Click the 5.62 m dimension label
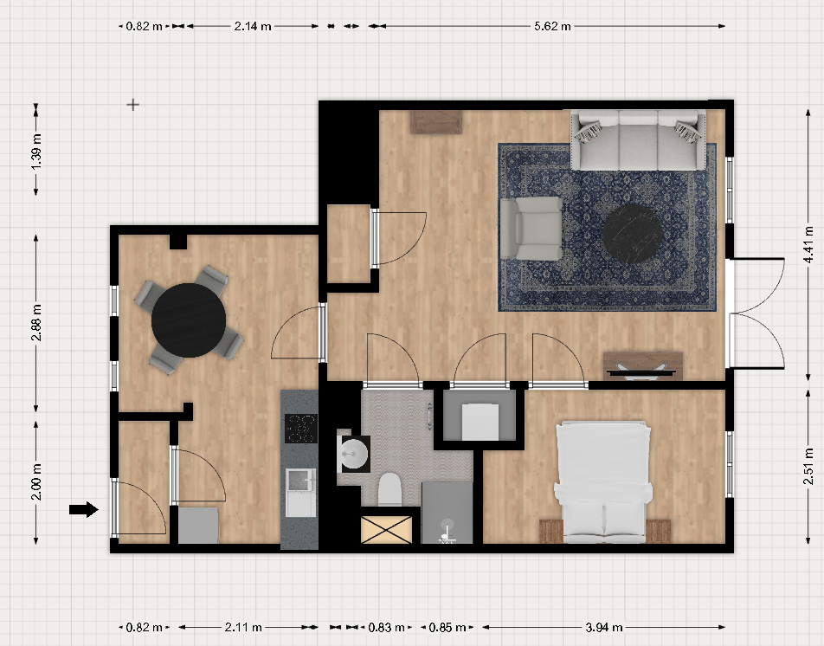552,26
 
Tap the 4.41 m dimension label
808,244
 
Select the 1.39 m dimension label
36,152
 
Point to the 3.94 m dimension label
604,627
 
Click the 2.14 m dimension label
252,26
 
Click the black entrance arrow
84,509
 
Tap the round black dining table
189,320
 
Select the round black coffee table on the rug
632,234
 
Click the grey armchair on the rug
531,228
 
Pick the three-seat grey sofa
638,139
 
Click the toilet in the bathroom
389,490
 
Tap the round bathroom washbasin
354,453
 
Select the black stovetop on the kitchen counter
301,429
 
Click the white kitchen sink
300,493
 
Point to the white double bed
604,481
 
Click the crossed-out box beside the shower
386,529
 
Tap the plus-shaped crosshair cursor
133,105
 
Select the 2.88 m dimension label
36,322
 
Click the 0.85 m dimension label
447,627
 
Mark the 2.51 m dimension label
808,466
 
